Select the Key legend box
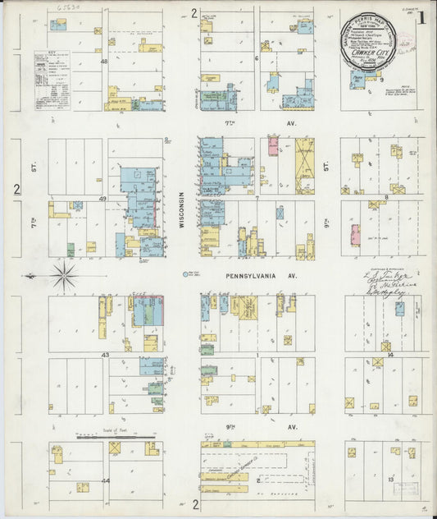pos(51,80)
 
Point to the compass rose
pos(66,272)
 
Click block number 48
pos(104,62)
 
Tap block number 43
pos(105,354)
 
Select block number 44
pos(105,480)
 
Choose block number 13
pos(391,478)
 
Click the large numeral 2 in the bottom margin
pos(195,503)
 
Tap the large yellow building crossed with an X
pos(304,160)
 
